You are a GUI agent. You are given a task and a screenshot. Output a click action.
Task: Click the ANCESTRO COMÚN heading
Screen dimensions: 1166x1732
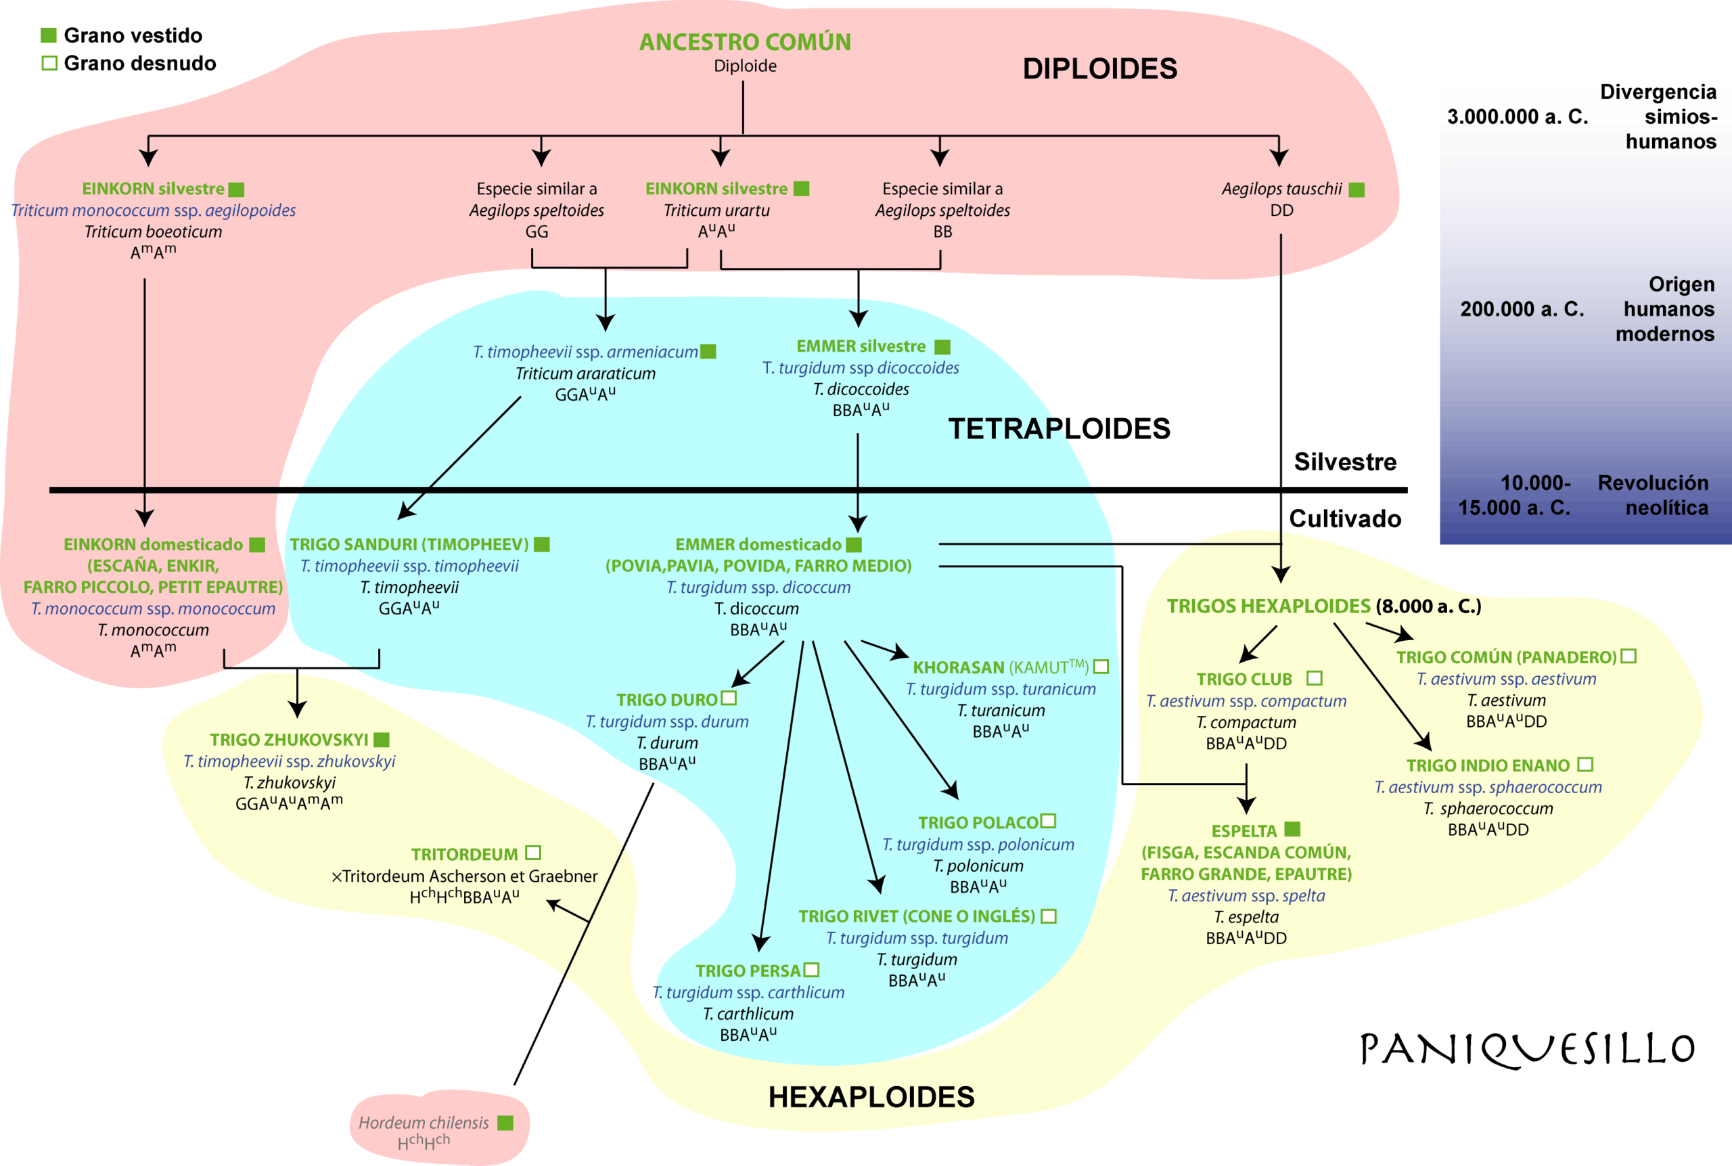click(x=745, y=43)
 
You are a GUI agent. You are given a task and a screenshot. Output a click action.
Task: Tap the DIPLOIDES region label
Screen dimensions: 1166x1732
click(x=1099, y=69)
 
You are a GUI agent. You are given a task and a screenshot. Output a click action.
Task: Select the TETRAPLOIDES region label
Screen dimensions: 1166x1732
click(x=1059, y=429)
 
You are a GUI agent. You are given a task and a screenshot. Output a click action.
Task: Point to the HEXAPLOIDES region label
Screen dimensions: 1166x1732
click(x=871, y=1097)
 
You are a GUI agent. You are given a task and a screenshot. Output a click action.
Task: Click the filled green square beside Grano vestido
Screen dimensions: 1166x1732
click(x=48, y=35)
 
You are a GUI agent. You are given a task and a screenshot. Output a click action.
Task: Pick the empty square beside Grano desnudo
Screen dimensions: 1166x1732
click(x=49, y=63)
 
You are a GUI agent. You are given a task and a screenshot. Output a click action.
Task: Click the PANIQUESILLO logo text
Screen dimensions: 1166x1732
click(x=1527, y=1049)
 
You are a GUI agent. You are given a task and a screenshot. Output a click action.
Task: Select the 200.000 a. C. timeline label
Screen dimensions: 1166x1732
click(x=1522, y=309)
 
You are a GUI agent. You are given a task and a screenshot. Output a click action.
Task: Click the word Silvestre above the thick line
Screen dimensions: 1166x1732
click(x=1345, y=462)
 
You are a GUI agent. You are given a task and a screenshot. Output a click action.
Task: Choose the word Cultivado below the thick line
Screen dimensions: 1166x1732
click(x=1345, y=518)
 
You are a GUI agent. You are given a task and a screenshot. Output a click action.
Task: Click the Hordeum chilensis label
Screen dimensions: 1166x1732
click(x=424, y=1123)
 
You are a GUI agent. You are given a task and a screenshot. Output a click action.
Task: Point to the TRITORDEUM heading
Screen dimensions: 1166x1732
click(x=465, y=855)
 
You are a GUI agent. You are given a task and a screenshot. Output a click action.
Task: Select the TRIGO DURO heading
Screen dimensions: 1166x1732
click(x=667, y=700)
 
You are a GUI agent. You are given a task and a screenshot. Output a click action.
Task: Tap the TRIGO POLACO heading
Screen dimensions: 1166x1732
click(x=978, y=822)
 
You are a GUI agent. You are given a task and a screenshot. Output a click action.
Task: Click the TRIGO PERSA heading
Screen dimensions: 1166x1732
click(x=748, y=970)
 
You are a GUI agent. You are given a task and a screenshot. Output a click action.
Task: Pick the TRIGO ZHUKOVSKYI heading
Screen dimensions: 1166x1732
click(x=289, y=740)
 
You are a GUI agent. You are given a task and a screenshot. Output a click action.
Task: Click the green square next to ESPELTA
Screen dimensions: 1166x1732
click(x=1293, y=829)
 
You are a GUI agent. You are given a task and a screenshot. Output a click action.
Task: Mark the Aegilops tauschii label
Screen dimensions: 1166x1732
click(x=1281, y=189)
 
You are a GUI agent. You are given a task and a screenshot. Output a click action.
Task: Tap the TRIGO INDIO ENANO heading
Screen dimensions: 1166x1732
click(x=1488, y=765)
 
